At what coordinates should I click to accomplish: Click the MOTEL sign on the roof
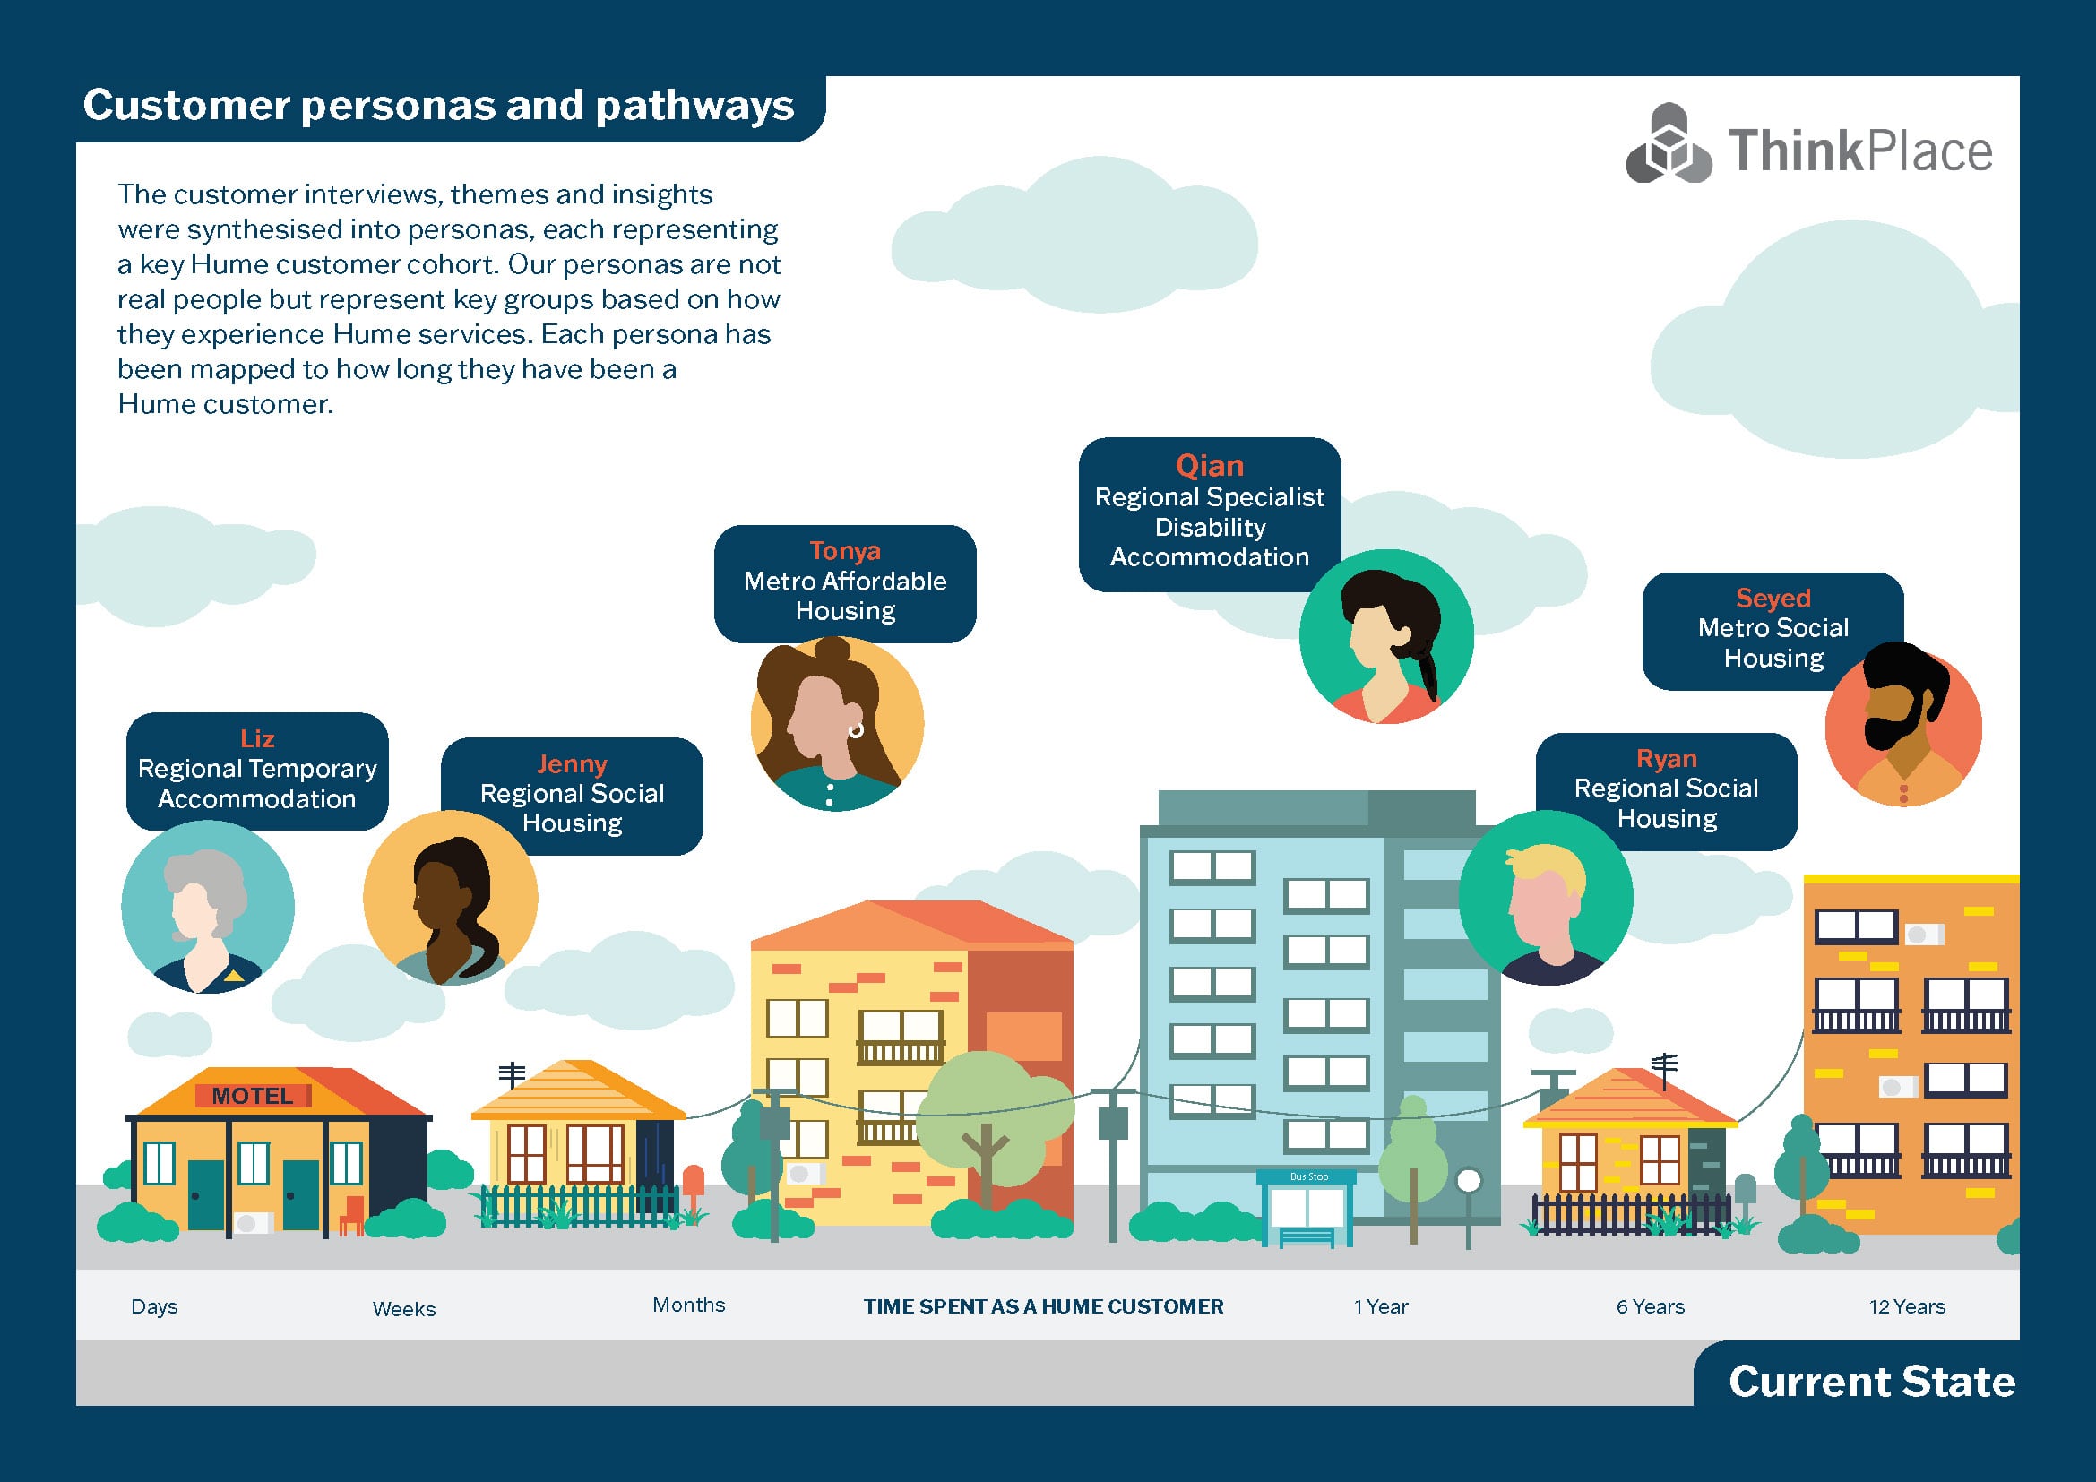[x=253, y=1095]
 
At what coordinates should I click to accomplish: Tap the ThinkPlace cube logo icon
[x=1669, y=147]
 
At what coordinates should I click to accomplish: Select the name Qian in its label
[x=1210, y=466]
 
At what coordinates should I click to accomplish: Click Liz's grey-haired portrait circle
[x=208, y=907]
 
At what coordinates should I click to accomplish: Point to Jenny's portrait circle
[x=450, y=898]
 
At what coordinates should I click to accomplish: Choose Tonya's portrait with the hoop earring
[x=836, y=724]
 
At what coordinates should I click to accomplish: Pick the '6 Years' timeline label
[x=1651, y=1306]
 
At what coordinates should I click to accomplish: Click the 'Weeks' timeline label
[x=403, y=1308]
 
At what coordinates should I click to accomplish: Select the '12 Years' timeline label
[x=1907, y=1306]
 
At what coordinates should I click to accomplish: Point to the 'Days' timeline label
[x=154, y=1306]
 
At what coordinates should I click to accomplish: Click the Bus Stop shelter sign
[x=1308, y=1177]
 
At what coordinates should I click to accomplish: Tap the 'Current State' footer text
[x=1871, y=1382]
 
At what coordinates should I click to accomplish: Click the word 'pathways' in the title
[x=694, y=106]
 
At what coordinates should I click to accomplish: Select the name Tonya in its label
[x=845, y=551]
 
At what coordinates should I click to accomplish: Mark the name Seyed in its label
[x=1773, y=599]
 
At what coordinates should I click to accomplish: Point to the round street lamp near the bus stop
[x=1468, y=1181]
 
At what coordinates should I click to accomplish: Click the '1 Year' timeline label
[x=1380, y=1306]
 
